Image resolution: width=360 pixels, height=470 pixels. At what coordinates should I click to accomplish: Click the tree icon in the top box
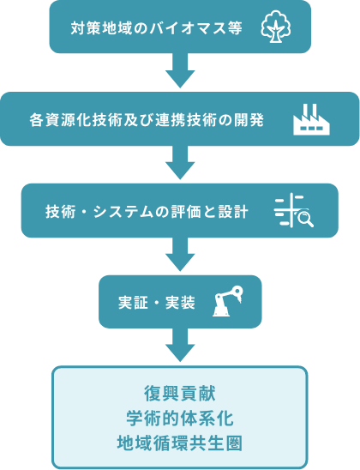coord(276,27)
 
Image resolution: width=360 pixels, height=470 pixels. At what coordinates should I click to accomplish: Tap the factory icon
coord(311,119)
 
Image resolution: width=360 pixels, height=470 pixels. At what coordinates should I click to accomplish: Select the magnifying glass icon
coord(306,219)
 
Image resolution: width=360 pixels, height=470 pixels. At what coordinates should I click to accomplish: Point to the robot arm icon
coord(228,301)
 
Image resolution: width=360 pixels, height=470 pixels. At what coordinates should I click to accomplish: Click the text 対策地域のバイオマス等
coord(157,28)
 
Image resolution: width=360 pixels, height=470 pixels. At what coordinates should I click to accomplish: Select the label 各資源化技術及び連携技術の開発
coord(147,120)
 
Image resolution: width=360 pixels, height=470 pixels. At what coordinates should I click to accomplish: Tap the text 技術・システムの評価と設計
coord(147,212)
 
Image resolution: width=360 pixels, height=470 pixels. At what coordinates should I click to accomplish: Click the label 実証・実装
coord(157,303)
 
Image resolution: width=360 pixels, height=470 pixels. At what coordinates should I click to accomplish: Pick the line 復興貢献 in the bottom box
coord(180,394)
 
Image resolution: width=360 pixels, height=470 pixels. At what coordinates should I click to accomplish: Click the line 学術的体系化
coord(180,419)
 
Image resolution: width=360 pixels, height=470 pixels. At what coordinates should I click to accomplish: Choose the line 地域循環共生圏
coord(180,443)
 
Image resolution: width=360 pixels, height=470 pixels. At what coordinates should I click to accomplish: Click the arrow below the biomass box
coord(180,70)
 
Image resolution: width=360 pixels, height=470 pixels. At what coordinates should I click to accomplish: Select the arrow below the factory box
coord(180,162)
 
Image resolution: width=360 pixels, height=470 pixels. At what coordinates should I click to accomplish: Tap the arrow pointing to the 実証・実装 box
coord(180,254)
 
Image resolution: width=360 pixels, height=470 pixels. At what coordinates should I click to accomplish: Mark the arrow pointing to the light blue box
coord(180,345)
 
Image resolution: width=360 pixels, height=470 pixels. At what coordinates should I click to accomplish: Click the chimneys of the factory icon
coord(309,110)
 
